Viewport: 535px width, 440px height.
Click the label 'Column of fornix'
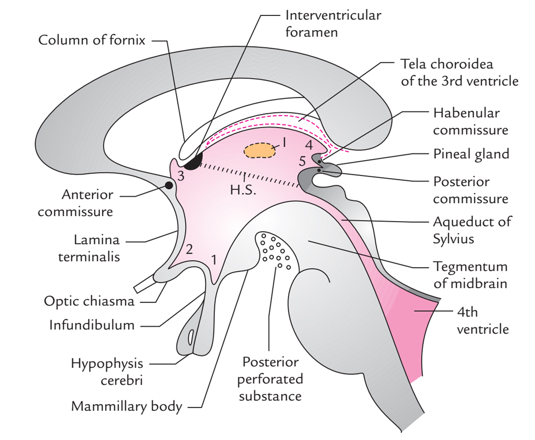92,40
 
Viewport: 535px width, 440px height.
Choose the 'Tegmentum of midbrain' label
471,276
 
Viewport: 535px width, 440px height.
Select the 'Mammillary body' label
127,407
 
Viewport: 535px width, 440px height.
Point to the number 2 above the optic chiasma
189,249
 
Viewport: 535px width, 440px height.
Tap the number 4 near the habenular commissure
308,146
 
